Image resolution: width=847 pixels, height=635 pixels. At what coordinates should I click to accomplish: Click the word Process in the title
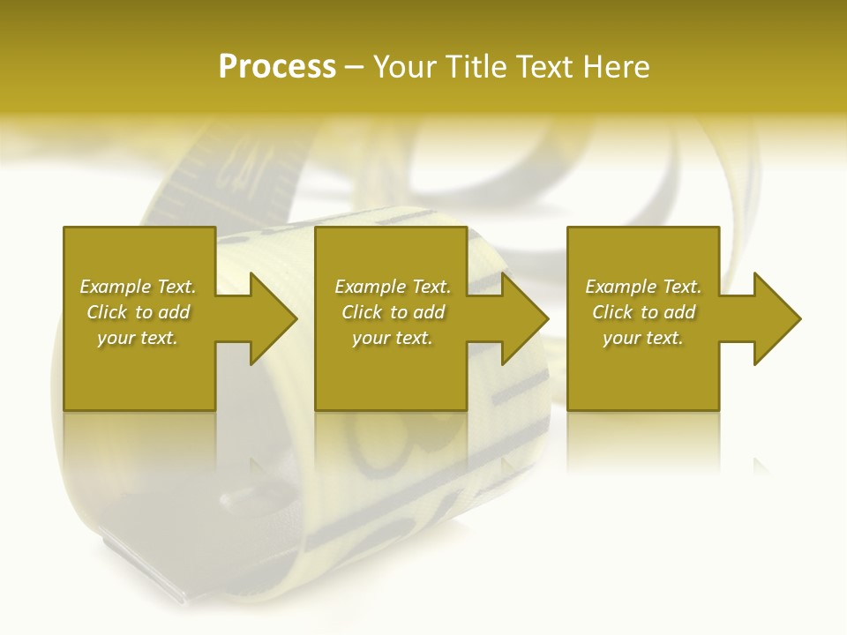coord(277,67)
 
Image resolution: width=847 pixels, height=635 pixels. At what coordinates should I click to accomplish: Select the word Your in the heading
coord(405,67)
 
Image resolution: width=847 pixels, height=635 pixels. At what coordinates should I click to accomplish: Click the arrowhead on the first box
coord(269,318)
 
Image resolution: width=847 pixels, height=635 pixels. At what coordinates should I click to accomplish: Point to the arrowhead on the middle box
coord(521,318)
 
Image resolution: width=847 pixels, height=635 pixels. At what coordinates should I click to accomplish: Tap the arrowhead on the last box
coord(773,318)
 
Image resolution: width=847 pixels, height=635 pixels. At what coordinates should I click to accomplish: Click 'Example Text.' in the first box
coord(138,287)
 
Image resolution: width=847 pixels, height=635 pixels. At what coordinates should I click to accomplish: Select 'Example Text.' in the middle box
coord(393,287)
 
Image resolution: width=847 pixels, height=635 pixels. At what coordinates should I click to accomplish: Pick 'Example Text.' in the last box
coord(643,287)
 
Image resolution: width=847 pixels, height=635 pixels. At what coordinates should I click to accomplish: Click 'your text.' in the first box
coord(138,338)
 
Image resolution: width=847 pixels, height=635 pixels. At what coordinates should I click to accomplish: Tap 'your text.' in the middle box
coord(393,338)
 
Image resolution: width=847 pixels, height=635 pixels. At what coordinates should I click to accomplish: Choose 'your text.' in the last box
coord(643,338)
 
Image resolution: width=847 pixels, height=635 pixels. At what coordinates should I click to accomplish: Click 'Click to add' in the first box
coord(138,312)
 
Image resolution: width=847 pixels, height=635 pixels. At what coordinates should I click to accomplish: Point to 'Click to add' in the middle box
coord(393,312)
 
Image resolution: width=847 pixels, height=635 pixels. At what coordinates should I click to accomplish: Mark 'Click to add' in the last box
coord(643,312)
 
